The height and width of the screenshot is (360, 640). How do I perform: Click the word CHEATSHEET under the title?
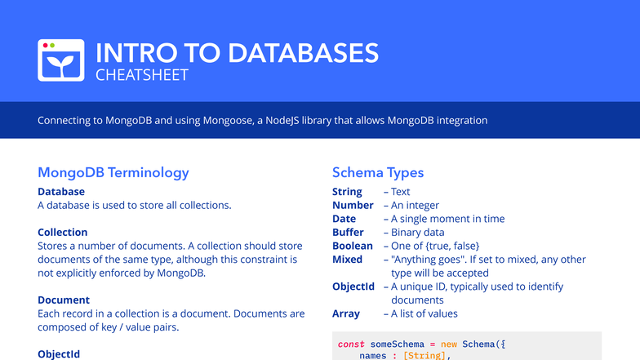click(x=142, y=76)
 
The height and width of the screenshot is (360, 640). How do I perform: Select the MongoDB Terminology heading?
click(x=113, y=172)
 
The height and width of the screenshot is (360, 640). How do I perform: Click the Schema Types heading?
click(x=378, y=172)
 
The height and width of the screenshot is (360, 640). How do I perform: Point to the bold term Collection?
click(x=63, y=232)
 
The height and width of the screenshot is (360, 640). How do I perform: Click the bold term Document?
click(x=64, y=300)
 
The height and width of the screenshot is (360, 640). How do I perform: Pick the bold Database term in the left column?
click(x=61, y=192)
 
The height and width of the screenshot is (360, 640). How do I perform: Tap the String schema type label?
click(x=347, y=192)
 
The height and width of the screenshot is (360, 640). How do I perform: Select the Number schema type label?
click(x=353, y=205)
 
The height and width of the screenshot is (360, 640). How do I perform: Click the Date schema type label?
click(x=344, y=219)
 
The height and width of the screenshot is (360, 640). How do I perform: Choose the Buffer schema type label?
click(x=348, y=232)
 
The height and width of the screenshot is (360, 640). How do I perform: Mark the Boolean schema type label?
click(x=353, y=246)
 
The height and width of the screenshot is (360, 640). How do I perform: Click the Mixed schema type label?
click(x=347, y=260)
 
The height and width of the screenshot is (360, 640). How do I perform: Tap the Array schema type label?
click(x=346, y=313)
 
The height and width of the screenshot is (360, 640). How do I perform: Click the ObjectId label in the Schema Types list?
click(x=353, y=287)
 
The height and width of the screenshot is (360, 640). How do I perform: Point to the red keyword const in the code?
click(x=351, y=344)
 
